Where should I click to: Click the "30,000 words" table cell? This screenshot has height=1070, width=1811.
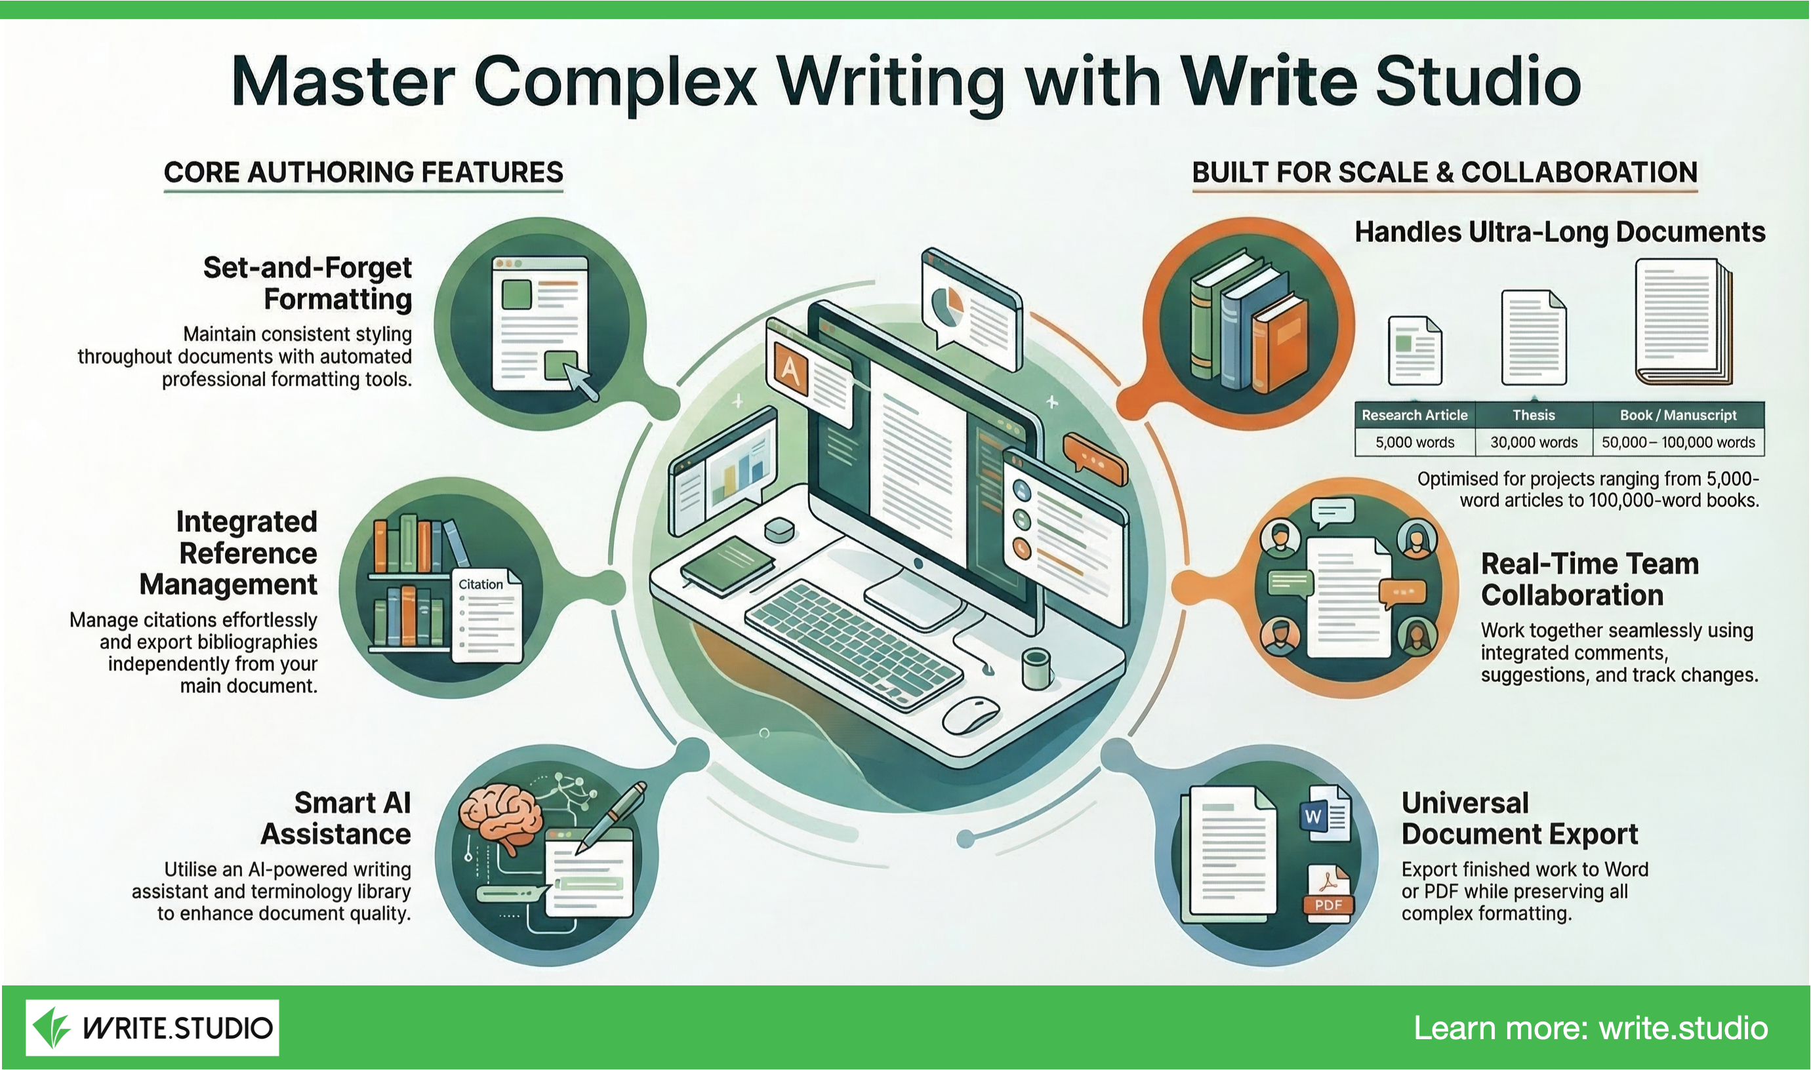click(x=1534, y=442)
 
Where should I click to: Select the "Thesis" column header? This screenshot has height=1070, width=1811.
click(x=1534, y=414)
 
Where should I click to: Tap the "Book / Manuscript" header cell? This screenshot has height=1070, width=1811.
click(x=1679, y=414)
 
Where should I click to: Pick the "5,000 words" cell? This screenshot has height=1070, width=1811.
click(x=1415, y=442)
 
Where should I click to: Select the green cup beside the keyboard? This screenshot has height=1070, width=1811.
click(x=1036, y=668)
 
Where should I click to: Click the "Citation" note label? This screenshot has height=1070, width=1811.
click(x=480, y=584)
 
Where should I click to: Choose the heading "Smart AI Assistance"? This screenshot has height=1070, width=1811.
click(x=336, y=818)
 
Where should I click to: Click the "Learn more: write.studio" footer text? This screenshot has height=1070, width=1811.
click(x=1591, y=1027)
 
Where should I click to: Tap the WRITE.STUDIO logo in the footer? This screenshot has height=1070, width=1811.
click(x=152, y=1027)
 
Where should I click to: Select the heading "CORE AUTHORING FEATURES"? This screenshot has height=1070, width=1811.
click(x=363, y=172)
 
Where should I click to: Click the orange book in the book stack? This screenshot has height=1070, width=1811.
click(x=1280, y=345)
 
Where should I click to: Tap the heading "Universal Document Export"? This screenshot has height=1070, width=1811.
click(x=1520, y=818)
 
